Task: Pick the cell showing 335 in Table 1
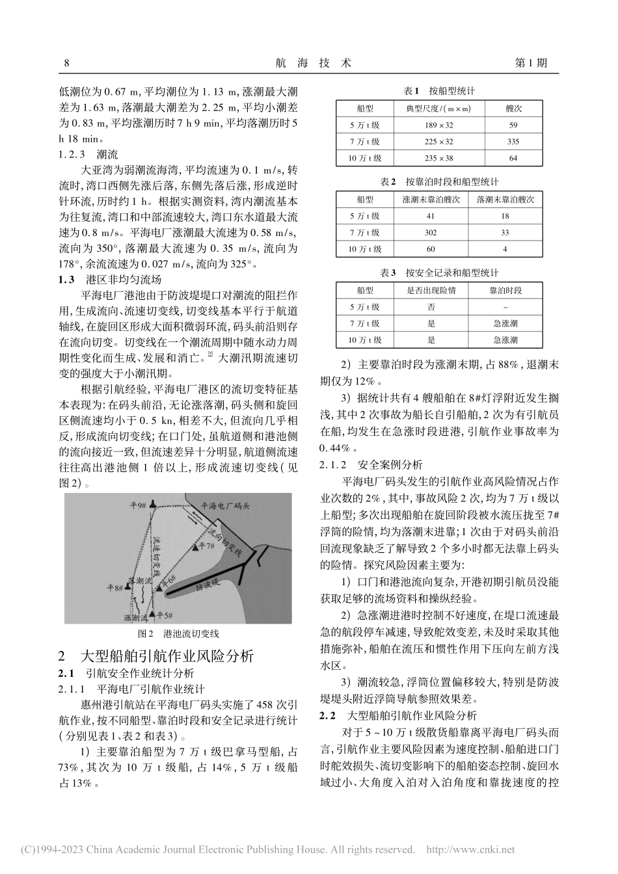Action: pyautogui.click(x=513, y=141)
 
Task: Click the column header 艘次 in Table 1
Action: pyautogui.click(x=513, y=109)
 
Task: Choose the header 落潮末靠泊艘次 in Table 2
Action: pyautogui.click(x=505, y=198)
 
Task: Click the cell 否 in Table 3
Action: pyautogui.click(x=431, y=306)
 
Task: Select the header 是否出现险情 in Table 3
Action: pyautogui.click(x=431, y=290)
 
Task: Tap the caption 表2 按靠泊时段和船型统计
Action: pyautogui.click(x=438, y=181)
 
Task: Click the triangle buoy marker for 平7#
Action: pyautogui.click(x=195, y=548)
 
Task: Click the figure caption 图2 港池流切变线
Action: pyautogui.click(x=180, y=633)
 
